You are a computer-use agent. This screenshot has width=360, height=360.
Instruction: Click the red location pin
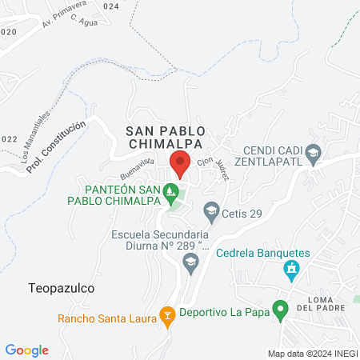[180, 163]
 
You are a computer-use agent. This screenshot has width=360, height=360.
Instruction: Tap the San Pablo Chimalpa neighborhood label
[166, 137]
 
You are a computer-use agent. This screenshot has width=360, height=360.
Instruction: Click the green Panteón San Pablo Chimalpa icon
[170, 192]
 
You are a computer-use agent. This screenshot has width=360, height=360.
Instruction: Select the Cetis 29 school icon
[211, 212]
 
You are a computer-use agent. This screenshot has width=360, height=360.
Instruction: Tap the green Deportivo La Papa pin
[280, 309]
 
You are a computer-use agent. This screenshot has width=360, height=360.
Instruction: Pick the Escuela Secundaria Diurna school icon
[190, 262]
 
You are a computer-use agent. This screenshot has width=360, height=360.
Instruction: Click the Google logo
[27, 350]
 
